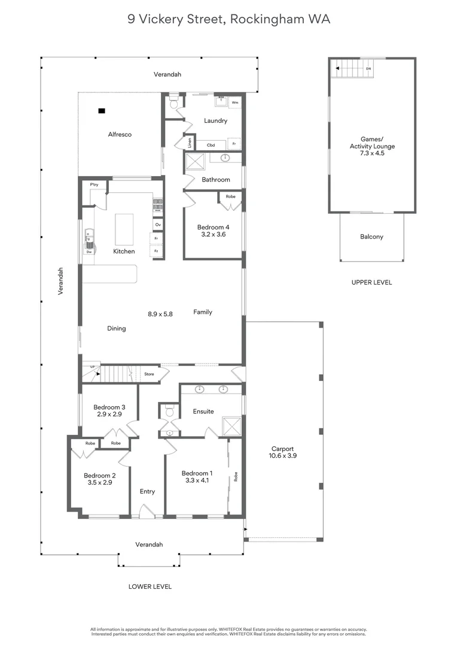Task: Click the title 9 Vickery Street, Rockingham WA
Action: coord(228,19)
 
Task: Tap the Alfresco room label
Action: coord(120,135)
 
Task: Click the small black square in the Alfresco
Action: coord(102,111)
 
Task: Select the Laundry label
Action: coord(215,121)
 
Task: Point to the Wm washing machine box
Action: coord(235,102)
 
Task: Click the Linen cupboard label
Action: coord(190,143)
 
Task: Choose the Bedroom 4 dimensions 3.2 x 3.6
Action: coord(213,235)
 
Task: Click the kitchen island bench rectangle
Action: coord(124,228)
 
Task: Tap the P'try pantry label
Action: coord(94,185)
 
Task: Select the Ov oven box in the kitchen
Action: coord(158,225)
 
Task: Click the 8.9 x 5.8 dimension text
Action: coord(160,313)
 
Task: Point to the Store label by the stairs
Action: coord(149,374)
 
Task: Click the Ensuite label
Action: coord(203,412)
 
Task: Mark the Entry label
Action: coord(147,491)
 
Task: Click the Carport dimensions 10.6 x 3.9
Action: coord(284,456)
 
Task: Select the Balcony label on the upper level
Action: coord(371,237)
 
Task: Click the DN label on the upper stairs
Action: coord(368,69)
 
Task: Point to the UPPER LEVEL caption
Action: coord(371,282)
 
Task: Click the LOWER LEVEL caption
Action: coord(150,586)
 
